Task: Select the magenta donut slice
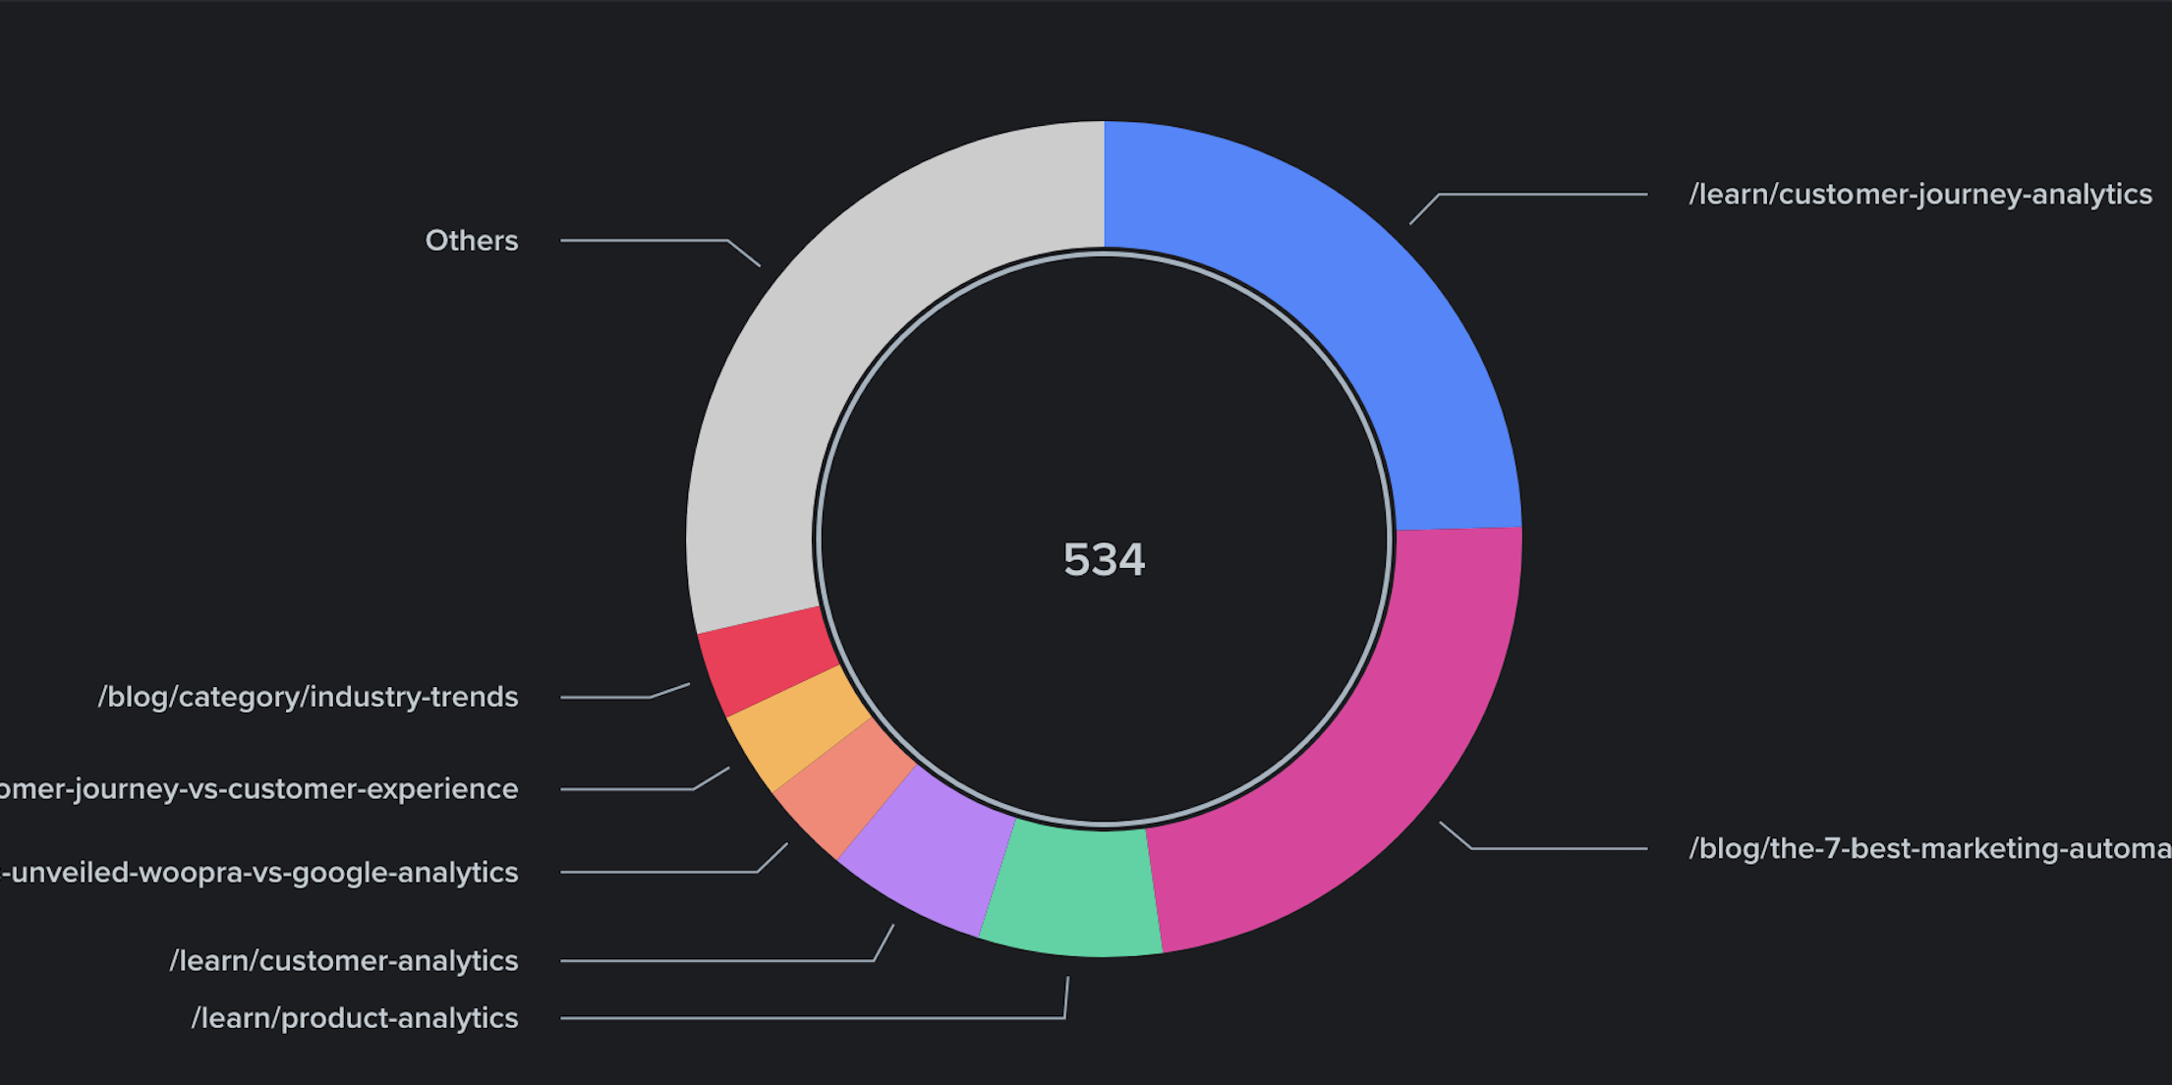(1376, 767)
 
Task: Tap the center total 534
(1104, 560)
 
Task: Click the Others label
(472, 241)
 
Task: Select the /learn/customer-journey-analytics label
(1919, 195)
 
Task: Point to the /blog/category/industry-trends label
(308, 697)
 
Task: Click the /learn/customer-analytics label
(344, 960)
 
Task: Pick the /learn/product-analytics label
(355, 1018)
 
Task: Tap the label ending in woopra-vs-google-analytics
(259, 873)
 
